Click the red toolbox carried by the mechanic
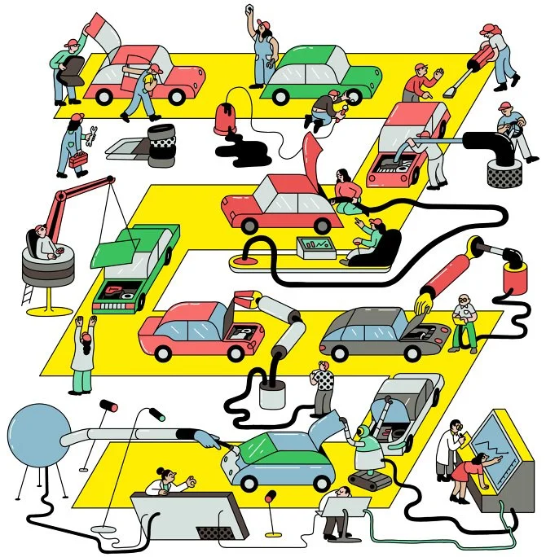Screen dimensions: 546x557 point(77,160)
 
